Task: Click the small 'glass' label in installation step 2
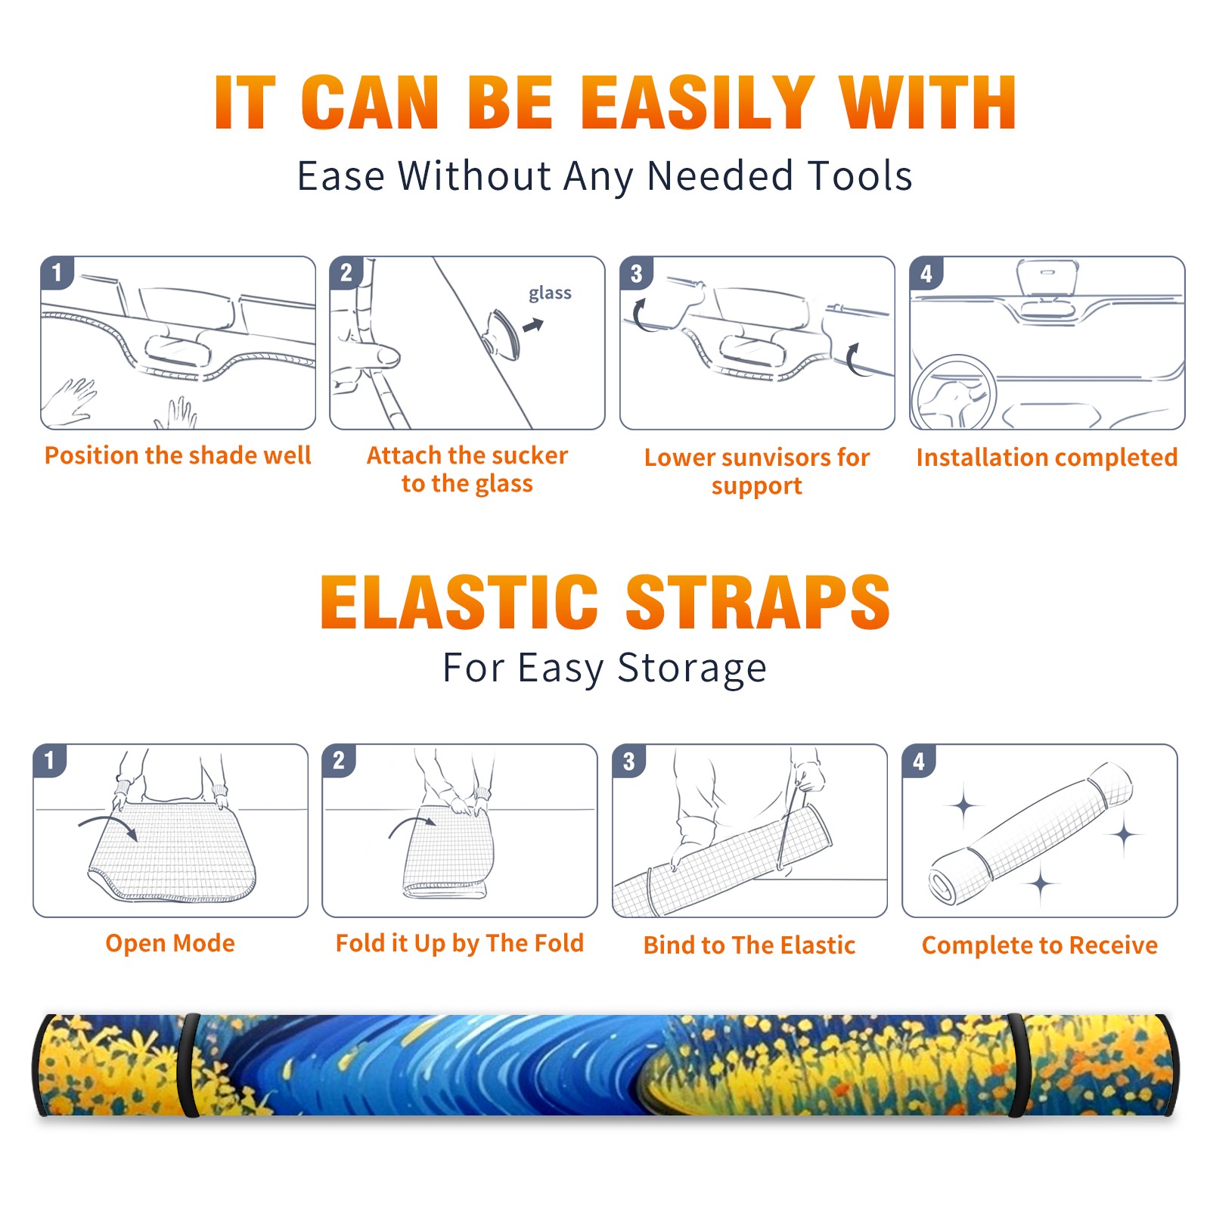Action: click(x=550, y=293)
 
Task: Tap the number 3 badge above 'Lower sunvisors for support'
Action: click(x=636, y=274)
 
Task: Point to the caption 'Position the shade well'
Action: click(x=178, y=455)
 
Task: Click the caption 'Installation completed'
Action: click(x=1047, y=458)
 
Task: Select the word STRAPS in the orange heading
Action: click(x=758, y=602)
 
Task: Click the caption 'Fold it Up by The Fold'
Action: click(x=460, y=943)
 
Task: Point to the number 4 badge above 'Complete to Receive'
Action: click(x=918, y=761)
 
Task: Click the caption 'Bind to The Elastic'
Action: click(x=749, y=945)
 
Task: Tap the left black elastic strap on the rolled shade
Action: click(x=188, y=1065)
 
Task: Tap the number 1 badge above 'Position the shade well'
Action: click(x=57, y=272)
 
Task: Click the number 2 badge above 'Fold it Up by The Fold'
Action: click(x=338, y=761)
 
